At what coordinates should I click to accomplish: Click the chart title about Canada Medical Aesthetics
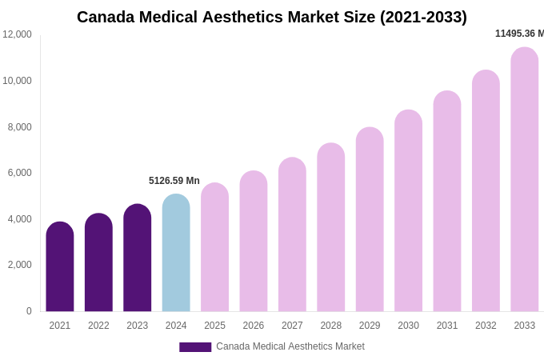click(x=272, y=17)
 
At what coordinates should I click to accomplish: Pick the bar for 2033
click(x=524, y=179)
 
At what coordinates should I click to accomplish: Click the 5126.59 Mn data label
click(x=174, y=181)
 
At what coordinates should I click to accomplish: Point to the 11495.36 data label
click(x=518, y=34)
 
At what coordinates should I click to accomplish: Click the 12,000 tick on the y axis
click(x=17, y=34)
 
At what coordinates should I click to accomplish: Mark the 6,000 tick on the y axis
click(x=20, y=173)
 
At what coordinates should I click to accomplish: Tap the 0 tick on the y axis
click(x=29, y=311)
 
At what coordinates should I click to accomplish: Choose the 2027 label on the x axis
click(x=292, y=326)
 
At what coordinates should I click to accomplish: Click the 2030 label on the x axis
click(x=408, y=326)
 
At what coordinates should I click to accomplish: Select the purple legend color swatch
click(x=195, y=347)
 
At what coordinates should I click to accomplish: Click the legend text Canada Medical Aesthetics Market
click(x=290, y=346)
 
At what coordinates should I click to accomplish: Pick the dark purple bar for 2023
click(x=138, y=258)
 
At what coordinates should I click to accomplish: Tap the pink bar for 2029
click(x=370, y=219)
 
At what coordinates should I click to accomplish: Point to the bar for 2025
click(x=214, y=247)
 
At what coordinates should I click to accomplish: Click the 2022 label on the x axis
click(x=98, y=326)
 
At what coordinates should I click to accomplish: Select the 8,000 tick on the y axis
click(x=20, y=127)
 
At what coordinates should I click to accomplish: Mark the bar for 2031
click(x=447, y=201)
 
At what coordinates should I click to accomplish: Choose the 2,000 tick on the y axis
click(x=20, y=265)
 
